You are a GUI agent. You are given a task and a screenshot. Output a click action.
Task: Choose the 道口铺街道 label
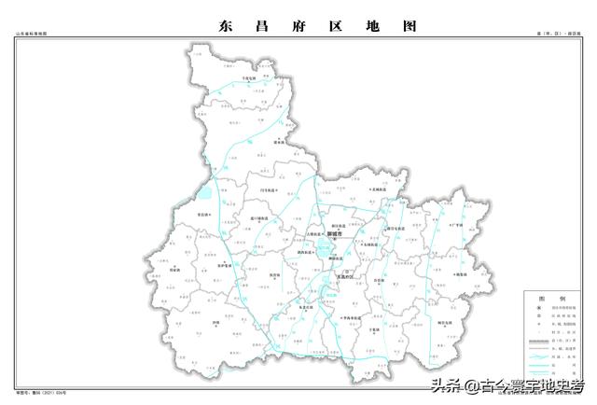coord(259,221)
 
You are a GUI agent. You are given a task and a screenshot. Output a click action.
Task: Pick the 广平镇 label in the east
coord(456,225)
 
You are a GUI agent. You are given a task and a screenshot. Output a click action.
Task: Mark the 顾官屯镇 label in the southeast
coord(451,322)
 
